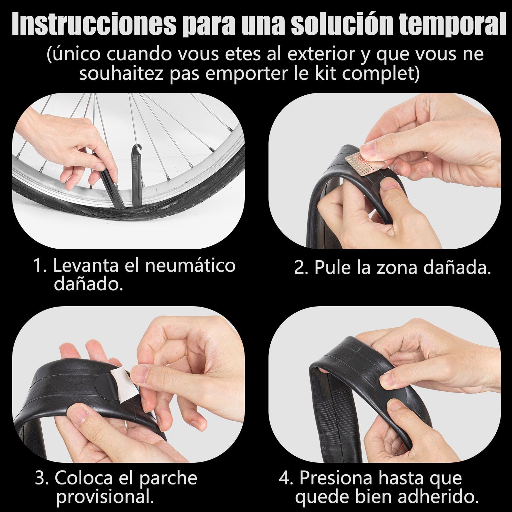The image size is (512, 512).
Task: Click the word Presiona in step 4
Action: (x=336, y=478)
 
